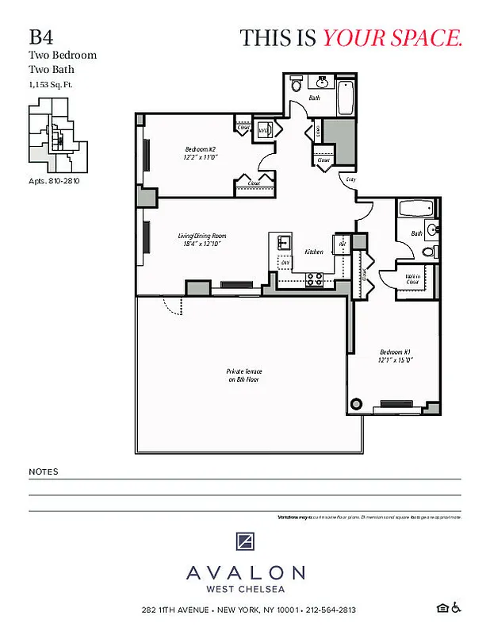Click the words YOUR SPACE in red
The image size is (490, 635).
pyautogui.click(x=392, y=37)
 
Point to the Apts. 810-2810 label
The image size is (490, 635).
pyautogui.click(x=54, y=181)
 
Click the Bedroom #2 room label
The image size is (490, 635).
pyautogui.click(x=201, y=153)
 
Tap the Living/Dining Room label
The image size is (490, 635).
pyautogui.click(x=201, y=240)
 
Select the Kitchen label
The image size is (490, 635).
pyautogui.click(x=314, y=252)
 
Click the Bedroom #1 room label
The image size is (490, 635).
pyautogui.click(x=395, y=355)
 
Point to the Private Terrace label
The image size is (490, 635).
pyautogui.click(x=244, y=375)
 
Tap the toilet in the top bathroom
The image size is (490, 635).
pyautogui.click(x=296, y=84)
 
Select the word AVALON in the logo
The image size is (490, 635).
pyautogui.click(x=245, y=572)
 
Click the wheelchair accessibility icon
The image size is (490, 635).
pyautogui.click(x=457, y=609)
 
